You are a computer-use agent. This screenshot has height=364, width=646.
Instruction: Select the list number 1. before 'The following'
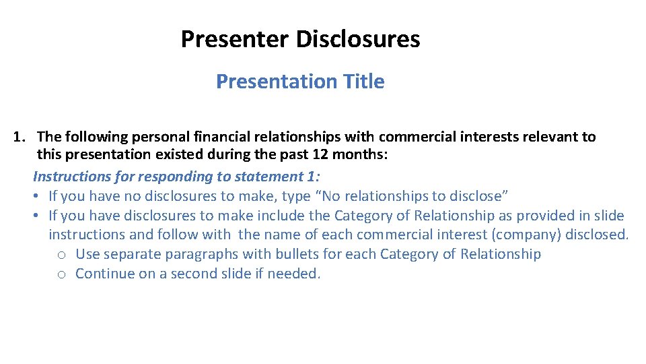point(20,137)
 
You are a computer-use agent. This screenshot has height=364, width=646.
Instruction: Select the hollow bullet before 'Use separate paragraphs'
point(61,255)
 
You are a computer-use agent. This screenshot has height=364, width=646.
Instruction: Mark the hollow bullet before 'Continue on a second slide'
point(61,274)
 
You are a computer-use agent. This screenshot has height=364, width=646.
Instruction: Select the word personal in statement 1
point(158,137)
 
